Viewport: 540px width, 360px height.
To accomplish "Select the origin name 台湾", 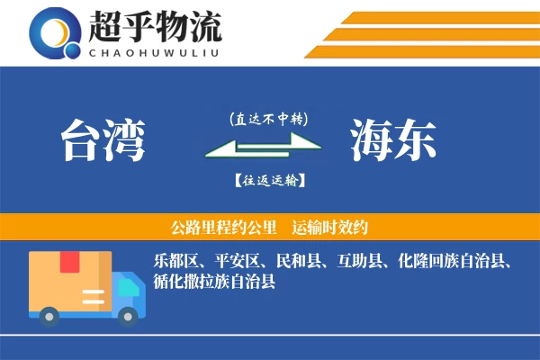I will tap(103, 140).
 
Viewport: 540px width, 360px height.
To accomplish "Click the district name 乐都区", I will tap(175, 262).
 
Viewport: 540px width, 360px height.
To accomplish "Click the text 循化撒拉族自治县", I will tap(213, 281).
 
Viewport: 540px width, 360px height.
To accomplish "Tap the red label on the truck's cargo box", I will tap(69, 263).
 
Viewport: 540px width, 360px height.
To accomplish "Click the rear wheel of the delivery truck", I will tap(49, 315).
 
